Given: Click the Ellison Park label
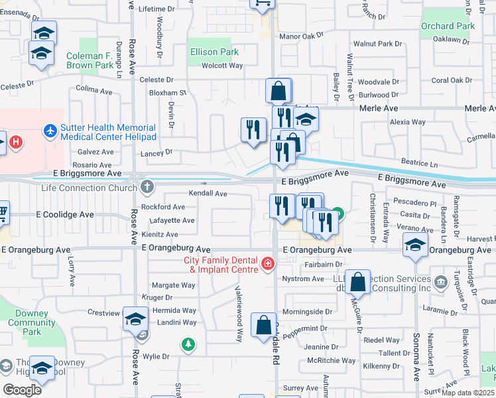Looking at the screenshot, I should [214, 51].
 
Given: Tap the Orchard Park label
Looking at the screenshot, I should [448, 27].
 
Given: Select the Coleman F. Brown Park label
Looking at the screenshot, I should [90, 61].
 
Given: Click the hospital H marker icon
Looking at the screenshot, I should [15, 142].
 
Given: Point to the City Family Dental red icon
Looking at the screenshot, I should [267, 265].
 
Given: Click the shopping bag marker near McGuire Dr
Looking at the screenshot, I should [357, 281].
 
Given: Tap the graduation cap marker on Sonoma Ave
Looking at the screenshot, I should [415, 245].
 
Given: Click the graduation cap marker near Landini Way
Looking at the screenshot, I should [135, 320].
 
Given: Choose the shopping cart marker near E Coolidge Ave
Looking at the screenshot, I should [3, 212].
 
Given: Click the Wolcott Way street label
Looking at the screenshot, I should [223, 66].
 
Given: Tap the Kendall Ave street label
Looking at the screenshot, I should [208, 194].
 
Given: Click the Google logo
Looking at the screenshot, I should [22, 389].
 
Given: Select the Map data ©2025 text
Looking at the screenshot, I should [468, 393].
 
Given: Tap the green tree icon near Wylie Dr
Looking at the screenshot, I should [189, 344].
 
